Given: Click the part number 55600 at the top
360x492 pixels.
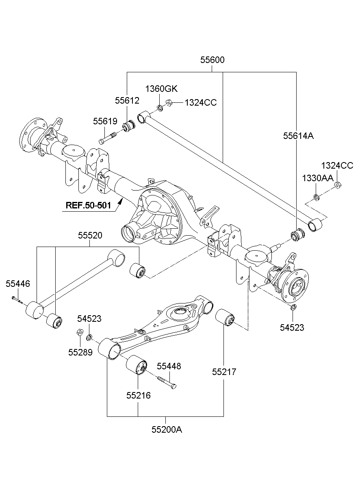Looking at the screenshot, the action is [212, 60].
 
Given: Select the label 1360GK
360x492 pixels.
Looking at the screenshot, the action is [161, 89].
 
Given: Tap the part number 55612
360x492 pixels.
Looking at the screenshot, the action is [127, 100].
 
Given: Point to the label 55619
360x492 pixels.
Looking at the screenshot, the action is [105, 121].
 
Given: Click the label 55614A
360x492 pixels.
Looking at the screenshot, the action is [298, 136].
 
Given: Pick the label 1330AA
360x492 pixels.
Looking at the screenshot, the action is [318, 178].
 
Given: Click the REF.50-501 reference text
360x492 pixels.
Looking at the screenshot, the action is [88, 205].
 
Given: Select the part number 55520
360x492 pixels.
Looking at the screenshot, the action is [90, 236].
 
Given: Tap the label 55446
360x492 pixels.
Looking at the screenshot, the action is [18, 284].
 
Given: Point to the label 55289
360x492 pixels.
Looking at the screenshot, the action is [80, 352].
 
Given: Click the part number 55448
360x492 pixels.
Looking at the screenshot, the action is [169, 366].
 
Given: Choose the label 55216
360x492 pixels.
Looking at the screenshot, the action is [139, 395].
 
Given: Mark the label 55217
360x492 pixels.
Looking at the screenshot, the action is [224, 372].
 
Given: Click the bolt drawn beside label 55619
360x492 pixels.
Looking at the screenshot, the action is [107, 138].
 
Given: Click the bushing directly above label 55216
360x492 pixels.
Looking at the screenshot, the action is [137, 364].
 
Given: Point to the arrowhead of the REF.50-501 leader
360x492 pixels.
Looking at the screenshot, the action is [120, 201].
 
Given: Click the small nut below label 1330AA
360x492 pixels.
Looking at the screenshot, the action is [316, 197].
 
